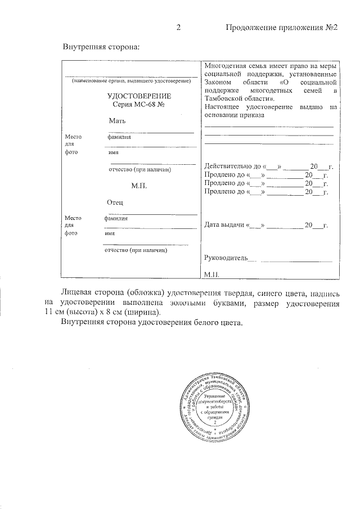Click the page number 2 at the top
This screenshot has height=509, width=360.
point(178,28)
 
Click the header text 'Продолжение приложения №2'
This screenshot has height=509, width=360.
point(281,28)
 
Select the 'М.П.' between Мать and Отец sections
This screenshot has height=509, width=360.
point(138,185)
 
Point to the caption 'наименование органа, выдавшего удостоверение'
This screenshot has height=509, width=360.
point(131,82)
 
